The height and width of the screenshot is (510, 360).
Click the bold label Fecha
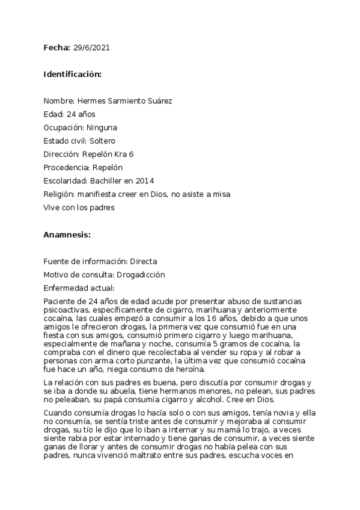click(x=56, y=47)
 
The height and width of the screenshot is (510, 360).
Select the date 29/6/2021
click(x=91, y=47)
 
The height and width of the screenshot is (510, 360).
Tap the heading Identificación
click(x=72, y=74)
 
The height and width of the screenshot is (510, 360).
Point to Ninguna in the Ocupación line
click(x=102, y=127)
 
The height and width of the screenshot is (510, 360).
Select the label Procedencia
click(x=67, y=168)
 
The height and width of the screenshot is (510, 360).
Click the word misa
click(x=221, y=194)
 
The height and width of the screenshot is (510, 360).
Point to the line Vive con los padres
click(x=78, y=207)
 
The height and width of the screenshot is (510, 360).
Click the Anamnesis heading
click(x=66, y=235)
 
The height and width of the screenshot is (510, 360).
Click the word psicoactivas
click(x=65, y=310)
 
